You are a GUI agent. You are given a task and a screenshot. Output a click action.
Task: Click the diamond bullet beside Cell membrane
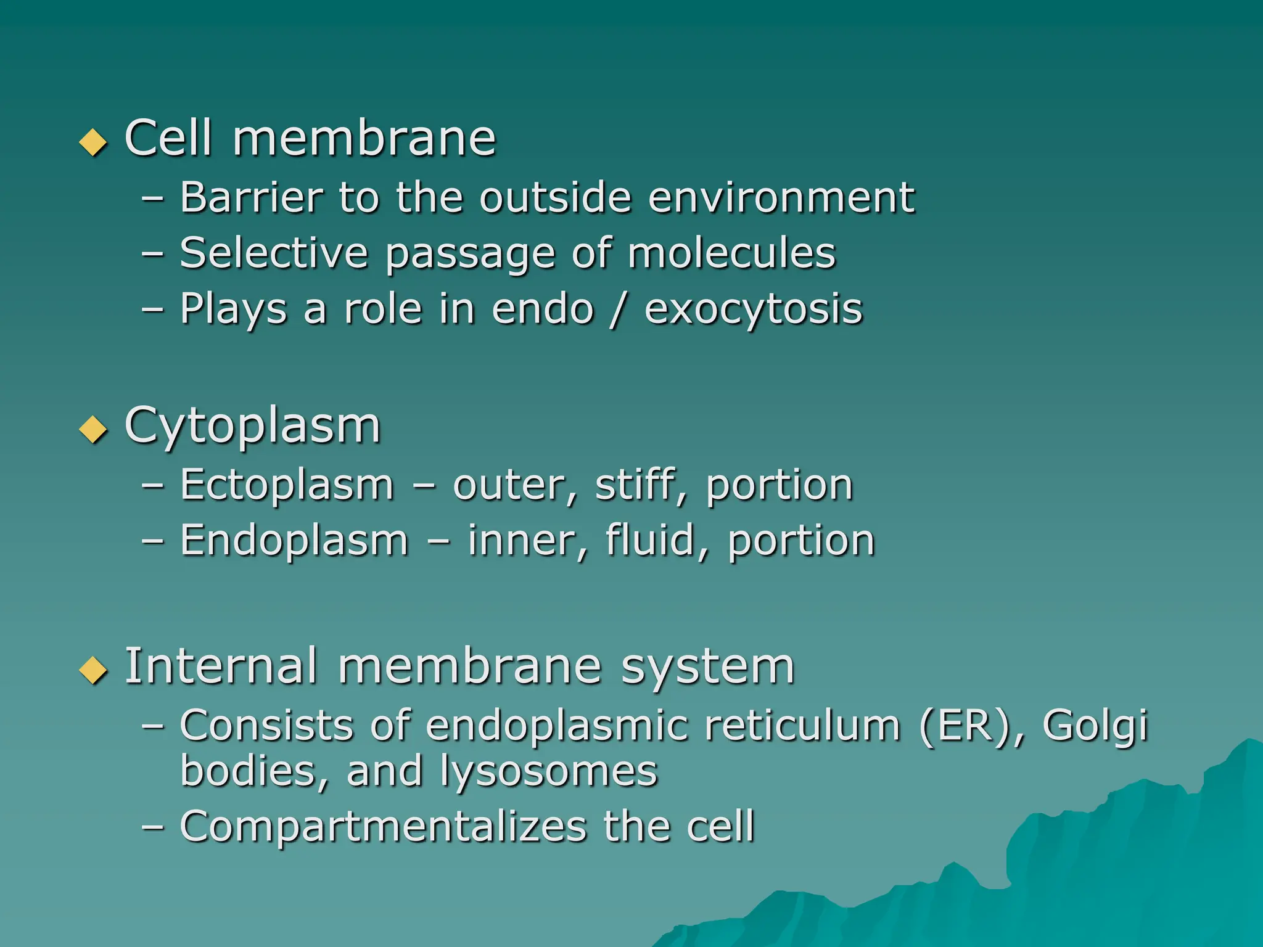coord(94,142)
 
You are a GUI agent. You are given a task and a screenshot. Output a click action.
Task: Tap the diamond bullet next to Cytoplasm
coord(94,429)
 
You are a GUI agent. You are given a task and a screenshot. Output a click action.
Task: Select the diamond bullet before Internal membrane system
coord(94,670)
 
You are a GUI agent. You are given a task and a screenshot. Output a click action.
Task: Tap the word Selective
coord(274,253)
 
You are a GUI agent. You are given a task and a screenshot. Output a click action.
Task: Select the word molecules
coord(731,253)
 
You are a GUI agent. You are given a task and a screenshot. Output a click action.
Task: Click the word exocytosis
coord(753,310)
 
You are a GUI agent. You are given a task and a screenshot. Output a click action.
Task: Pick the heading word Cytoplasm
coord(252,427)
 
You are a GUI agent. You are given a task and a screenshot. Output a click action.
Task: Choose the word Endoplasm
coord(294,541)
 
